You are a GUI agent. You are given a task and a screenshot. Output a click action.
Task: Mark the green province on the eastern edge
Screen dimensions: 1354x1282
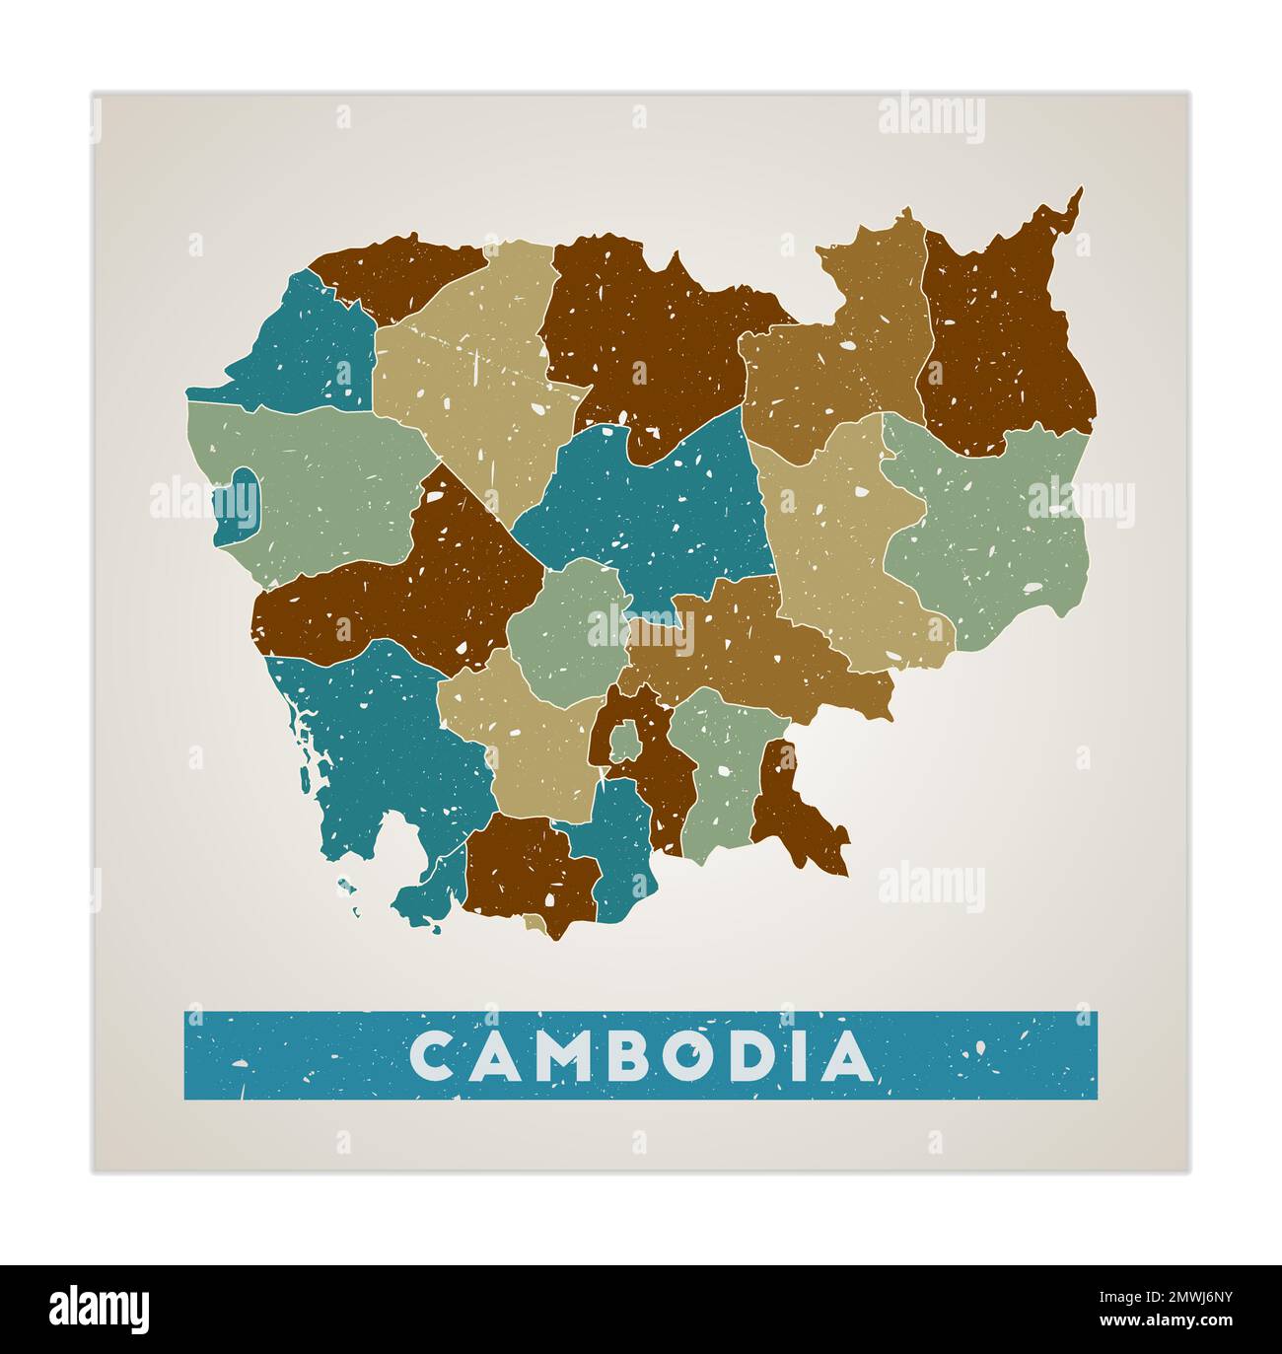point(996,533)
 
